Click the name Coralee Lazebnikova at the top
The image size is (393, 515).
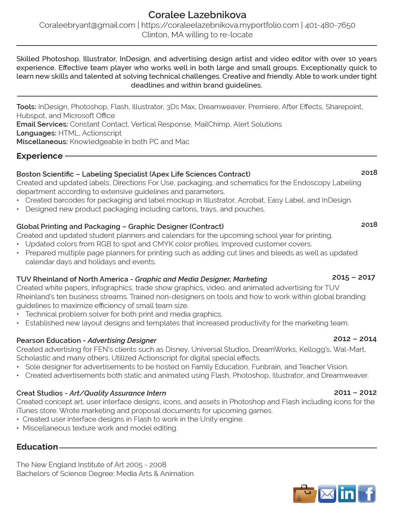coord(197,15)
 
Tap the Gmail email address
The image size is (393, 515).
coord(87,25)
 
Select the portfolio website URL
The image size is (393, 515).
coord(220,25)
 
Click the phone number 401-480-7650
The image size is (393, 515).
coord(330,25)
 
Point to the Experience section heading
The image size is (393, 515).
coord(39,156)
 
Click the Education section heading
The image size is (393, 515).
coord(37,447)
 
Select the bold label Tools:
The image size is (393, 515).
coord(26,107)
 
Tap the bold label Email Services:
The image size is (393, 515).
coord(42,124)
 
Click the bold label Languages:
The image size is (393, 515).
coord(36,133)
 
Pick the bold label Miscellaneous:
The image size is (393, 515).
coord(42,142)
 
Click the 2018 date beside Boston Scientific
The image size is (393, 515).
coord(369,172)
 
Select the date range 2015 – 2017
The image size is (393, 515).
coord(353,277)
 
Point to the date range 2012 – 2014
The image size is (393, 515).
coord(355,339)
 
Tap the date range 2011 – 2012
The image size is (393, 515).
coord(355,392)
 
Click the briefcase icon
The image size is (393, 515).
coord(304,494)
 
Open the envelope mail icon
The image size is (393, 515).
coord(327,494)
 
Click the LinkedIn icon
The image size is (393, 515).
coord(347,494)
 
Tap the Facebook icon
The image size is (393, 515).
coord(367,494)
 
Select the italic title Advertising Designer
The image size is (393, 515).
coord(122,340)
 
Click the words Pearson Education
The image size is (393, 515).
coord(49,340)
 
